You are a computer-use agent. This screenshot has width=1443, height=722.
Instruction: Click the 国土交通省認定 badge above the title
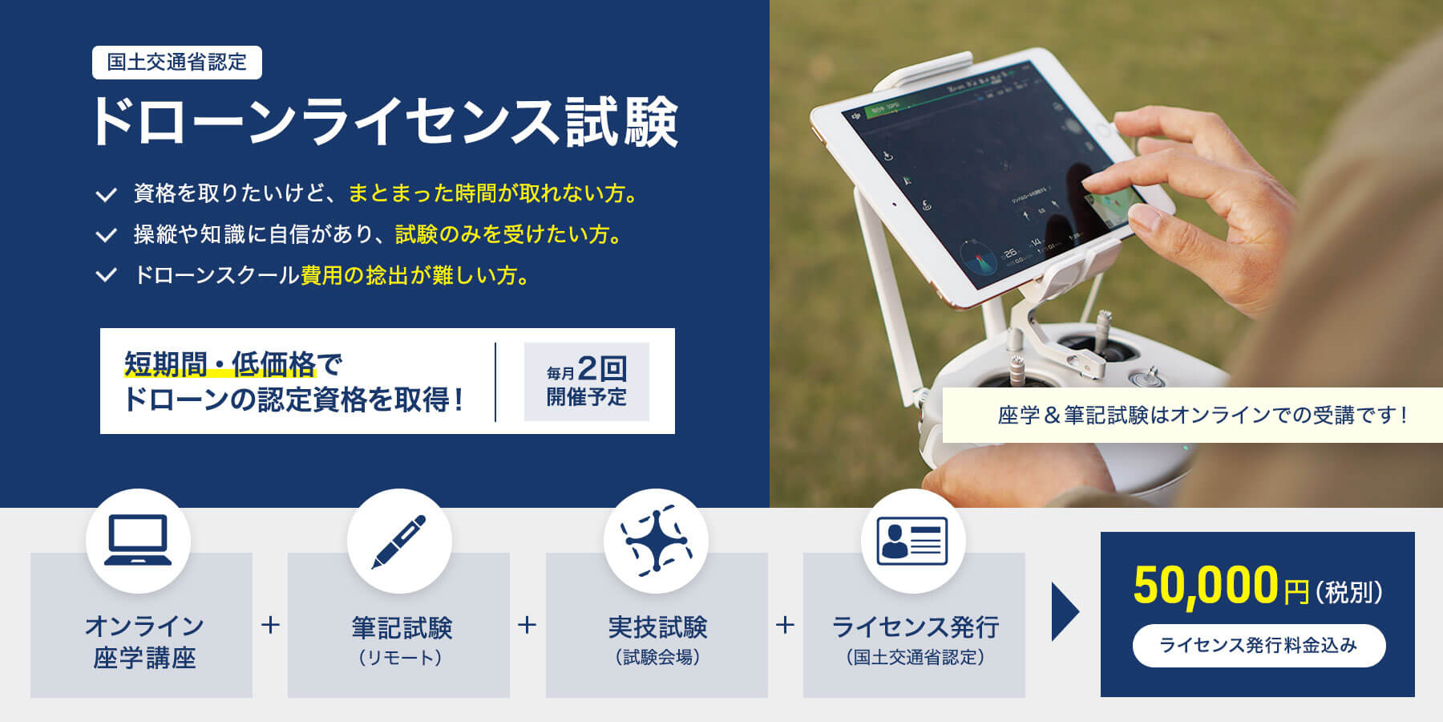click(x=177, y=63)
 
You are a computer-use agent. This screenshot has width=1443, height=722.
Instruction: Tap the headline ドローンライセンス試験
click(x=385, y=123)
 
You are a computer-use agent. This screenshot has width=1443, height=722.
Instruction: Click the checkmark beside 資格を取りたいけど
click(x=106, y=194)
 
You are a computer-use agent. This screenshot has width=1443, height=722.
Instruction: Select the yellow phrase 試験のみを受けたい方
click(x=508, y=234)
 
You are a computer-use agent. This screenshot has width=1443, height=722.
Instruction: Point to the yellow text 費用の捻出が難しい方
click(x=414, y=275)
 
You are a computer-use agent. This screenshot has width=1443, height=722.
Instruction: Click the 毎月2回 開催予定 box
click(x=586, y=382)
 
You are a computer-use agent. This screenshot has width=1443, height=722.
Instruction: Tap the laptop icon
click(x=138, y=541)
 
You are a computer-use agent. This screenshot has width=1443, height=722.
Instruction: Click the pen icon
click(x=399, y=541)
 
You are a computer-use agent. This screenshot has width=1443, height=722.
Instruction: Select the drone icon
click(x=656, y=541)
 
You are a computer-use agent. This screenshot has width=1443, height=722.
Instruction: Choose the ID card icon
click(x=912, y=541)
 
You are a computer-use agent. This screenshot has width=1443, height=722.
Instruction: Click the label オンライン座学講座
click(x=144, y=642)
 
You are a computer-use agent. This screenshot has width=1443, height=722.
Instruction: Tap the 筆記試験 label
click(x=402, y=627)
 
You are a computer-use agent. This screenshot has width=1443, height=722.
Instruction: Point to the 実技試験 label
click(x=657, y=627)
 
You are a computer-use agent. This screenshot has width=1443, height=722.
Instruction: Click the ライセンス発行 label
click(x=915, y=627)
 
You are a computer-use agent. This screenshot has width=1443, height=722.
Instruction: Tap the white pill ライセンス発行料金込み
click(x=1259, y=646)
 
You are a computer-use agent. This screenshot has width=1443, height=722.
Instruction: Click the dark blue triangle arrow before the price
click(x=1064, y=612)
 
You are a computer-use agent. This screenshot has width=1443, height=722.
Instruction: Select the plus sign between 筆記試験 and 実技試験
click(x=527, y=625)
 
